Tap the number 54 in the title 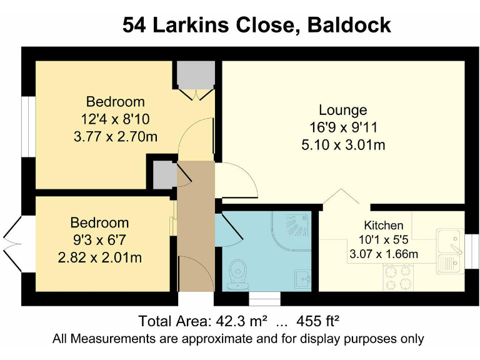(x=133, y=25)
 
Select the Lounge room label (x=342, y=111)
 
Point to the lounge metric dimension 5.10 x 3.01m (x=342, y=146)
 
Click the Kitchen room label (x=384, y=225)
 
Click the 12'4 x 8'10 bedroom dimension (x=115, y=119)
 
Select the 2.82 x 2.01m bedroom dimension (x=99, y=256)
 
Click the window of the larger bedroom (x=27, y=125)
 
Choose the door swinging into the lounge (x=236, y=180)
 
